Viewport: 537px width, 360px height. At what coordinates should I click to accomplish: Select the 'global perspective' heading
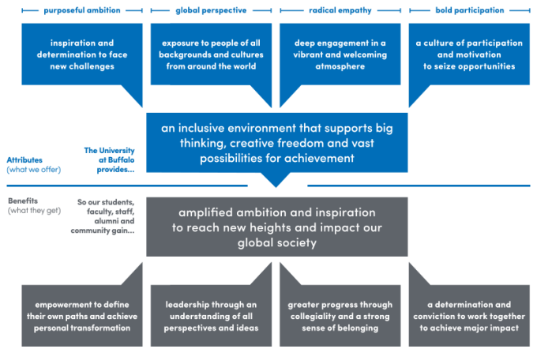[x=210, y=10]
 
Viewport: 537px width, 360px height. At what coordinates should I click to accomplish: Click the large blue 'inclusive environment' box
[x=276, y=143]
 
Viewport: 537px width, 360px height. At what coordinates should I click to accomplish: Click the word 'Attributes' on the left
[x=24, y=159]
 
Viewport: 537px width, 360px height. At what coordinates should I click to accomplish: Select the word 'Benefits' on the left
[x=23, y=201]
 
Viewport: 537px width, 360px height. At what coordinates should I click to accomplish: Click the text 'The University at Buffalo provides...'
[x=110, y=159]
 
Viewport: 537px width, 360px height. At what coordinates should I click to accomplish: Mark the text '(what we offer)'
[x=33, y=170]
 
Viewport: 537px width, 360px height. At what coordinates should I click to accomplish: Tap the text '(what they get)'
[x=34, y=211]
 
